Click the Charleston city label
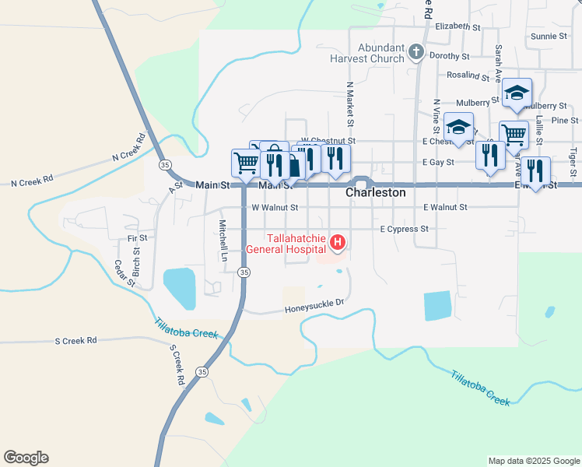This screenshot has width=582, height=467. click(x=376, y=191)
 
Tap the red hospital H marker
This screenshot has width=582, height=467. click(x=338, y=243)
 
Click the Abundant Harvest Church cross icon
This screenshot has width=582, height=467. click(x=416, y=52)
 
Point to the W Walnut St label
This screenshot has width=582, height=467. click(x=275, y=208)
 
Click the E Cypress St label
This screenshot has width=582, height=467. click(x=404, y=229)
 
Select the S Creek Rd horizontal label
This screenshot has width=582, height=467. click(x=75, y=340)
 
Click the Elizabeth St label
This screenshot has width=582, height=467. click(x=458, y=26)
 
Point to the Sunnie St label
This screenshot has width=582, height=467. click(x=549, y=36)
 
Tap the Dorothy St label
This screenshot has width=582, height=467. click(x=450, y=56)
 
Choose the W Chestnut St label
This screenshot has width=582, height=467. click(x=328, y=141)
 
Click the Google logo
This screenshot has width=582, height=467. click(x=26, y=458)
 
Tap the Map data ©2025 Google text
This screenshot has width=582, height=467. click(x=534, y=461)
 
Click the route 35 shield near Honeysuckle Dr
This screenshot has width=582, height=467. click(x=244, y=272)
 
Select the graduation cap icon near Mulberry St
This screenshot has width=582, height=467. click(x=517, y=93)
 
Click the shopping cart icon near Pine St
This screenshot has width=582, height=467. click(x=514, y=134)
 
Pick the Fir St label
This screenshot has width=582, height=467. click(x=138, y=237)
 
